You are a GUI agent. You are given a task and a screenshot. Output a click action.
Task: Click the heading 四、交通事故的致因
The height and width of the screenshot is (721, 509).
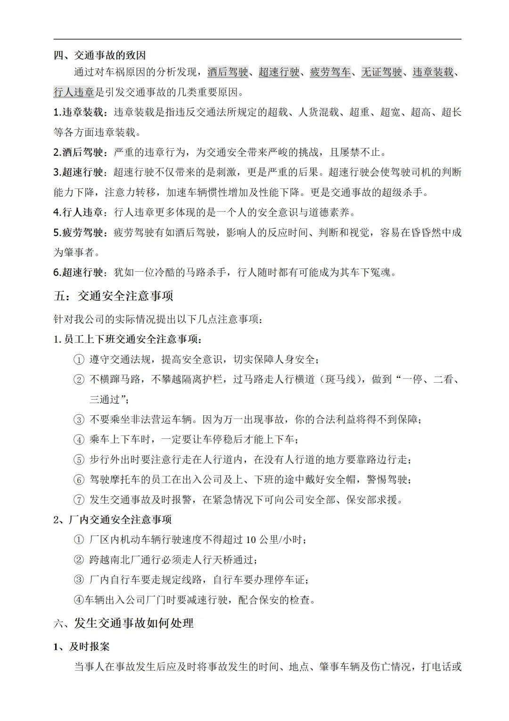click(99, 55)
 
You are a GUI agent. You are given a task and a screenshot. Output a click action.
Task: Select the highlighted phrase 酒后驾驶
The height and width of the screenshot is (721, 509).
click(228, 72)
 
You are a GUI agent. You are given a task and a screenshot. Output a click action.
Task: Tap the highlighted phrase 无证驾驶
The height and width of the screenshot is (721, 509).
click(382, 72)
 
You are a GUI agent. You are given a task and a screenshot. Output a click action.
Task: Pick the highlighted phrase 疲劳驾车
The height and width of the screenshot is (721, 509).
click(330, 72)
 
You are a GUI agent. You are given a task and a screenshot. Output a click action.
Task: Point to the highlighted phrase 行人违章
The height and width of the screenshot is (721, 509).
click(74, 92)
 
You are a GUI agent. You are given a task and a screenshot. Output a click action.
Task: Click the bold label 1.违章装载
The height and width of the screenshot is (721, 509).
click(78, 112)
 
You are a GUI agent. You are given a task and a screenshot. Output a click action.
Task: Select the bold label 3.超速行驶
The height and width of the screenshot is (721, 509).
click(78, 172)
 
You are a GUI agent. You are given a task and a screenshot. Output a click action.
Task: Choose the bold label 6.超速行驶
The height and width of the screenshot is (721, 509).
click(78, 272)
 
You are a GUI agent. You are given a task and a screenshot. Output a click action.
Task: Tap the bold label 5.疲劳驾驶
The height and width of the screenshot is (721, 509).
click(78, 233)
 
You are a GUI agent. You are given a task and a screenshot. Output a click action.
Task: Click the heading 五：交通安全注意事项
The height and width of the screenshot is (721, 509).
click(114, 296)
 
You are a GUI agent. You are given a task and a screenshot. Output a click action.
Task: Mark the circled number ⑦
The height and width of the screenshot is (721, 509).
click(79, 500)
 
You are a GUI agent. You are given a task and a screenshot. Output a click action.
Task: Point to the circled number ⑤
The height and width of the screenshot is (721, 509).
click(79, 460)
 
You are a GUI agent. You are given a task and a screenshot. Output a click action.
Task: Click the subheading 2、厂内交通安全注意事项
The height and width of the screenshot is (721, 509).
click(113, 520)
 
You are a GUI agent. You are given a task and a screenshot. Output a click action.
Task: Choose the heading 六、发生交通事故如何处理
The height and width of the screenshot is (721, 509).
click(123, 623)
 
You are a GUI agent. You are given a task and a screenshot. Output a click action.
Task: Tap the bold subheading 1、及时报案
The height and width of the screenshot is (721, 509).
click(82, 646)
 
